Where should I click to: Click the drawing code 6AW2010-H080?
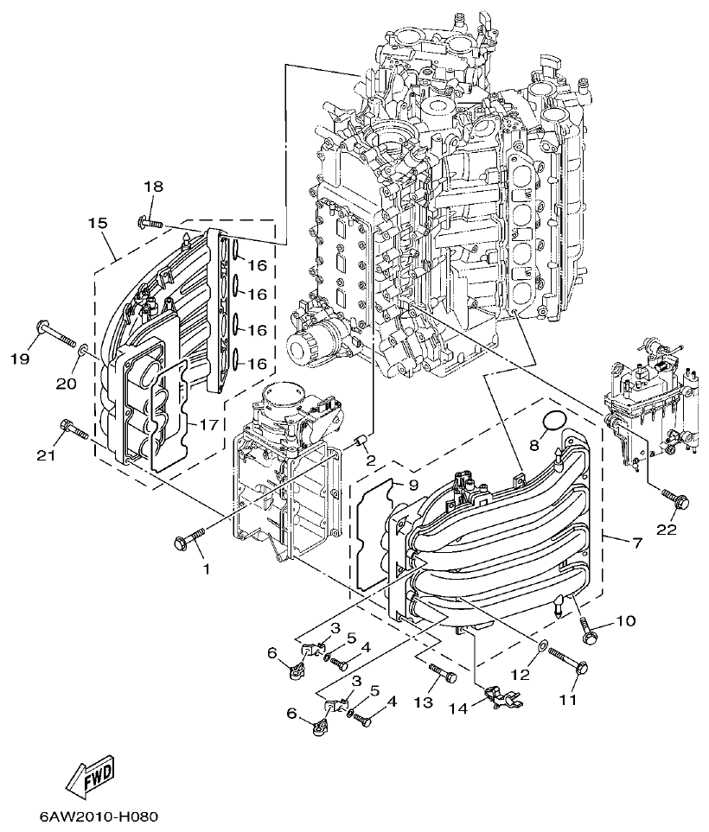[98, 816]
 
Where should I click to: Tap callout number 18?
[153, 187]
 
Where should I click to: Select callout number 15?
[98, 223]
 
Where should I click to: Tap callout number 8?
[534, 444]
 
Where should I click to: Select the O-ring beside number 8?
[553, 422]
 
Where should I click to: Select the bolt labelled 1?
[189, 538]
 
